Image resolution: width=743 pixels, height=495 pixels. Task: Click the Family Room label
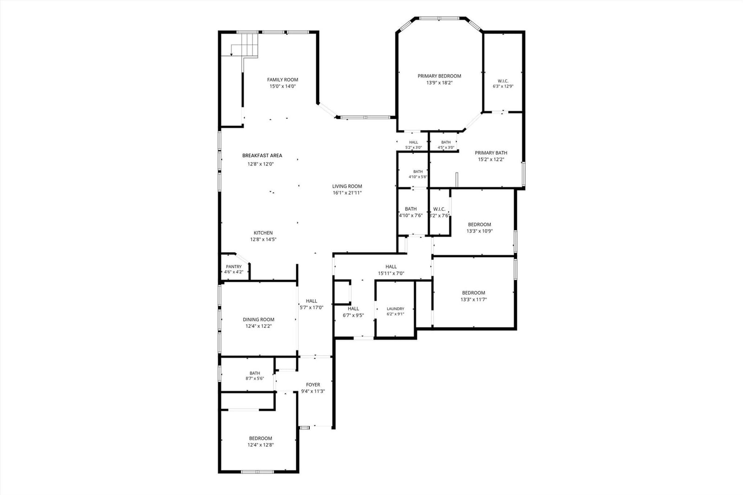point(283,79)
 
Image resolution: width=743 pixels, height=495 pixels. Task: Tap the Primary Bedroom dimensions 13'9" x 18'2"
point(439,83)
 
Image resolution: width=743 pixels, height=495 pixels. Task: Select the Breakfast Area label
point(262,155)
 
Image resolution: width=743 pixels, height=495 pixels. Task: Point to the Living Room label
point(347,186)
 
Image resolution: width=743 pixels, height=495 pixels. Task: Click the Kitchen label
point(263,233)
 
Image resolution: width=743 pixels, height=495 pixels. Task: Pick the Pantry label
point(234,267)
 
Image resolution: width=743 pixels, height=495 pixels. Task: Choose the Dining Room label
point(258,319)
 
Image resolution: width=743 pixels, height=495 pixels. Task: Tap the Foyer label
point(313,385)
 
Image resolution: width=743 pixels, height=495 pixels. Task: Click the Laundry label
point(395,308)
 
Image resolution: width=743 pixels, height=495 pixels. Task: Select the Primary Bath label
point(491,153)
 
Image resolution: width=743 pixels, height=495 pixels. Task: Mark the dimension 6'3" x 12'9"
point(503,86)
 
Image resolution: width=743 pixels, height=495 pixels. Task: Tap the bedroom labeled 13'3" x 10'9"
point(480,224)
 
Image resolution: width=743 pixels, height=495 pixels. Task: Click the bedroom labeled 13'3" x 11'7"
point(473,293)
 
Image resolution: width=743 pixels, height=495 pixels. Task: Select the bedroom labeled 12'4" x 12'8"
point(261,438)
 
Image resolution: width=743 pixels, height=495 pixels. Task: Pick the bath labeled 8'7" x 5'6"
point(255,373)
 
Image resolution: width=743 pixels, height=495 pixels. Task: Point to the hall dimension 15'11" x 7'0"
point(391,274)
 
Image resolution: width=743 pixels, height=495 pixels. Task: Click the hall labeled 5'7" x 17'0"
point(312,301)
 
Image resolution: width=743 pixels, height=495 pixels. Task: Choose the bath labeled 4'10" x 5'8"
point(418,171)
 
